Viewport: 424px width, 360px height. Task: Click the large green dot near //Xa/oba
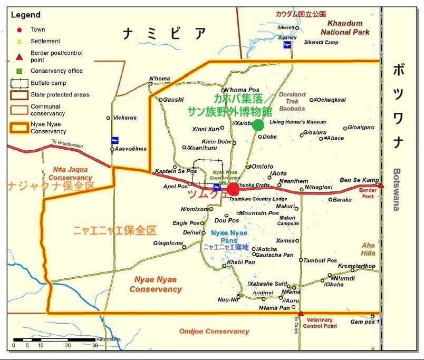click(258, 125)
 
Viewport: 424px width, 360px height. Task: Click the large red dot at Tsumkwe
click(233, 189)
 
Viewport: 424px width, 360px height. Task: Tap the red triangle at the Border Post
click(381, 185)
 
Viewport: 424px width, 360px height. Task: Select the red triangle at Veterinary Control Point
click(301, 314)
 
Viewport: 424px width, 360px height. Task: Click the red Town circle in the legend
click(19, 30)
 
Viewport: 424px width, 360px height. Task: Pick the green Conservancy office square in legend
click(19, 71)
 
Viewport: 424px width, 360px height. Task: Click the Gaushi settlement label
click(174, 100)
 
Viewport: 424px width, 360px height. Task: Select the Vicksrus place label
click(125, 118)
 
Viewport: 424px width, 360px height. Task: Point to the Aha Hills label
click(368, 249)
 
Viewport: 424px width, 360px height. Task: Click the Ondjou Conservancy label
click(214, 331)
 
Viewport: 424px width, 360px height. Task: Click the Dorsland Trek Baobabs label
click(292, 101)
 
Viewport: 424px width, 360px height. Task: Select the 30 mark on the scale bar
click(95, 346)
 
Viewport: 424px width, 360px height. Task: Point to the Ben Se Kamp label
click(359, 180)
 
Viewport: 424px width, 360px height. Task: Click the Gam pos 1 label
click(365, 322)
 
